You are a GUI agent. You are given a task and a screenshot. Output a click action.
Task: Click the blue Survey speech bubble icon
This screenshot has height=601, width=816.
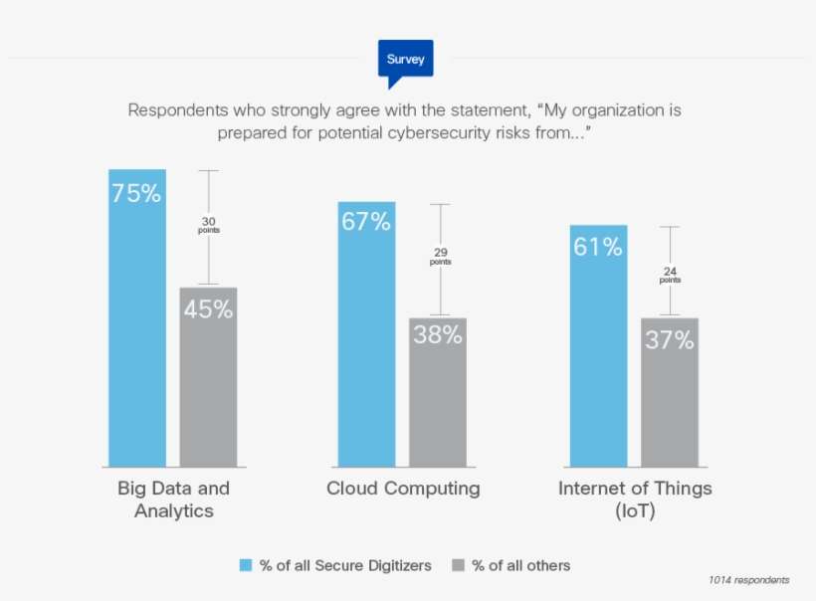pyautogui.click(x=405, y=61)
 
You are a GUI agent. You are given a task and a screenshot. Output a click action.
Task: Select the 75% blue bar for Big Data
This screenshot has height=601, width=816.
pyautogui.click(x=137, y=317)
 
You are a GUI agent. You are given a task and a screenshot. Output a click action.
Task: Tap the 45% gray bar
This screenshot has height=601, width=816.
pyautogui.click(x=208, y=377)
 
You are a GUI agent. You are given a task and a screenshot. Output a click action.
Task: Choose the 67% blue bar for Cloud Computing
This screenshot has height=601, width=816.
pyautogui.click(x=366, y=334)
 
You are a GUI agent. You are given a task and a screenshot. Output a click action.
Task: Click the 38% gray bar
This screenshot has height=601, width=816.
pyautogui.click(x=438, y=392)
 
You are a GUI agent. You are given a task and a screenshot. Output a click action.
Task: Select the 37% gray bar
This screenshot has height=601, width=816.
pyautogui.click(x=670, y=392)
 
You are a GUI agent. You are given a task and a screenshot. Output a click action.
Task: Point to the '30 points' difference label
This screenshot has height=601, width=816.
pyautogui.click(x=208, y=226)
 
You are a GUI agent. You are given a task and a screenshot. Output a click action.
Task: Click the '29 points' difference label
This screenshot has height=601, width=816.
pyautogui.click(x=440, y=258)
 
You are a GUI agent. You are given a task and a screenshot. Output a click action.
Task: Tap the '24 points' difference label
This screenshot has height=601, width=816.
pyautogui.click(x=670, y=276)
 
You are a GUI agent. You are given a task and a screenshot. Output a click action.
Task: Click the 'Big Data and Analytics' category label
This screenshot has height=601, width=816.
pyautogui.click(x=173, y=500)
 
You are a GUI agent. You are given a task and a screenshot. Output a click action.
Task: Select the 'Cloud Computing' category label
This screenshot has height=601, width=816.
pyautogui.click(x=403, y=489)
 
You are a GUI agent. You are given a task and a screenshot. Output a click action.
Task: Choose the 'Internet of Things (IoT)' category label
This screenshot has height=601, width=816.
pyautogui.click(x=635, y=500)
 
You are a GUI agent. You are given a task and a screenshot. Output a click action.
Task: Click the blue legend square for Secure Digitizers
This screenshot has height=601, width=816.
pyautogui.click(x=246, y=565)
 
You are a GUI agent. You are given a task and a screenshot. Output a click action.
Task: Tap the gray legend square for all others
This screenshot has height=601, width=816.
pyautogui.click(x=459, y=565)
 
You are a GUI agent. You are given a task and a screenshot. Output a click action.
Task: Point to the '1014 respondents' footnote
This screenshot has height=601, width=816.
pyautogui.click(x=749, y=579)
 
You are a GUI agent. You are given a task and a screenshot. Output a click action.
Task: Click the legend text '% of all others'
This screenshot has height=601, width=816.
pyautogui.click(x=521, y=565)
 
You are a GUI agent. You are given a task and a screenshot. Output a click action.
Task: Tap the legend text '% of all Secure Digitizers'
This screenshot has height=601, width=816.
pyautogui.click(x=345, y=565)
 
